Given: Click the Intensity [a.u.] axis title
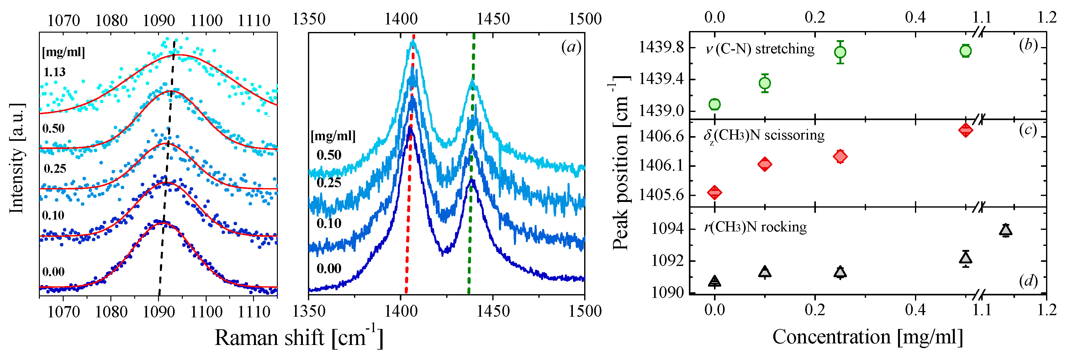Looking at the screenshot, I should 17,158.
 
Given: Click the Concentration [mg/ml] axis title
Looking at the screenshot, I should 868,337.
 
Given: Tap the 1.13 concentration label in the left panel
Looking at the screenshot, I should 55,72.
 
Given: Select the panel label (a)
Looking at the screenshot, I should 571,47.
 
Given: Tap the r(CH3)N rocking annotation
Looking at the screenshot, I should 755,227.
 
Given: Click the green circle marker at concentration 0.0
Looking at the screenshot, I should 714,104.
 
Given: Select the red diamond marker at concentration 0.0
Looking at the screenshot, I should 714,192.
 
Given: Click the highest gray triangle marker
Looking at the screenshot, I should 1006,230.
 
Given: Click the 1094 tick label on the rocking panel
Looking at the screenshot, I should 667,229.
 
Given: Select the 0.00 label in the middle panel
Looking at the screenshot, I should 329,268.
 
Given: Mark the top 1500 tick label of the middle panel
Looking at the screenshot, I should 585,19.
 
